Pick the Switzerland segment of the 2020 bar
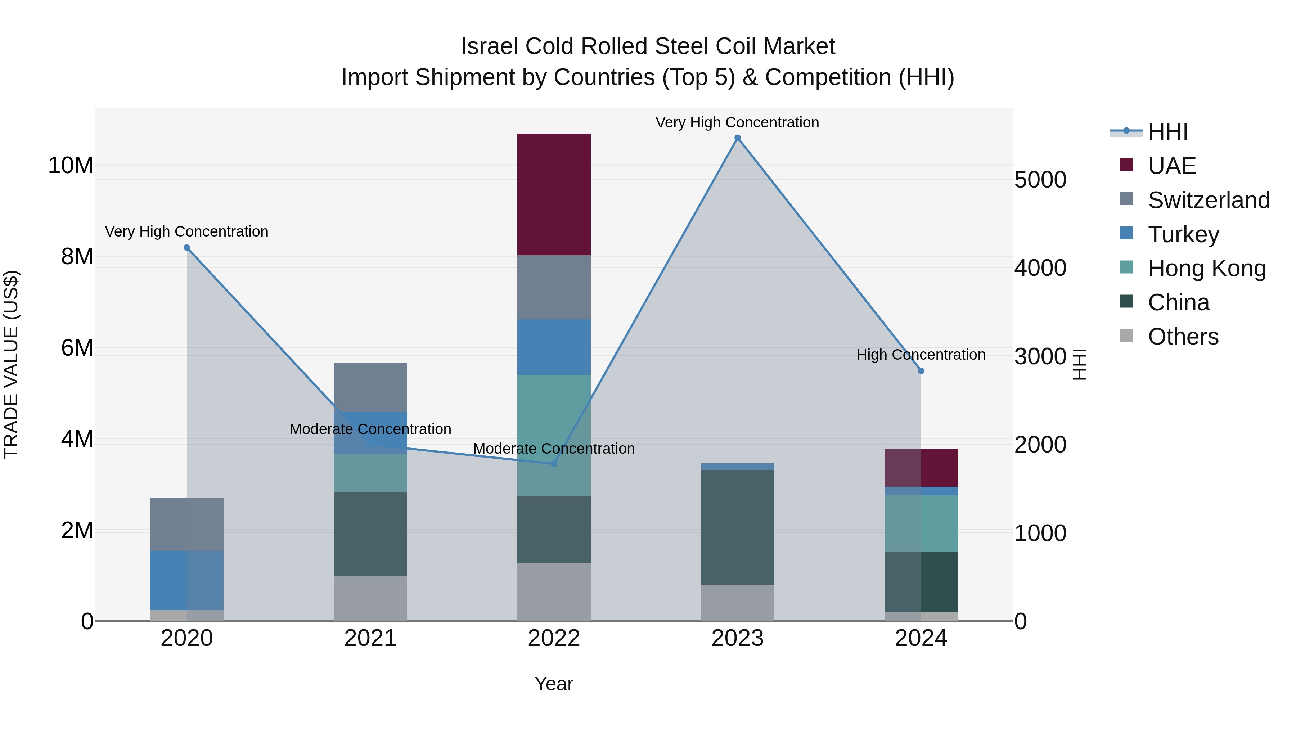pos(186,524)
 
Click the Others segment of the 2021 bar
pos(370,598)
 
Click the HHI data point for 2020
pos(186,248)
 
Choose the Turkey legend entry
pos(1183,234)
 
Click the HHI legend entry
pos(1167,132)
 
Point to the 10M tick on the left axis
pos(71,166)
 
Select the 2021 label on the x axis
pos(370,638)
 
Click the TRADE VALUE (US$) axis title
pos(11,364)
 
